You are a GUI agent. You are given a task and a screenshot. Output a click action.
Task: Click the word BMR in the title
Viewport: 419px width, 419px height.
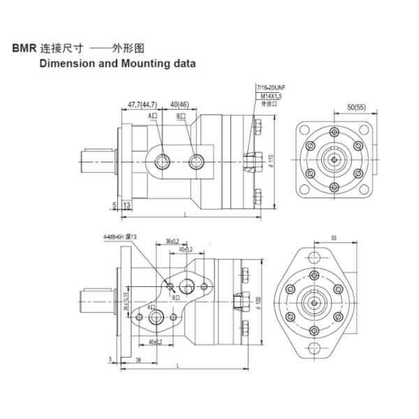coord(23,50)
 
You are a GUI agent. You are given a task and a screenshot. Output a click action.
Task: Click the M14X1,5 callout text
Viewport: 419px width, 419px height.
coord(269,95)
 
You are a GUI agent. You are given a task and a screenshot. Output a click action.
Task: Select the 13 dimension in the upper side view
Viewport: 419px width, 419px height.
coord(126,205)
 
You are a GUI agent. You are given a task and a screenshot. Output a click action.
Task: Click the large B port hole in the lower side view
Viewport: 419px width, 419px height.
coord(186,286)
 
